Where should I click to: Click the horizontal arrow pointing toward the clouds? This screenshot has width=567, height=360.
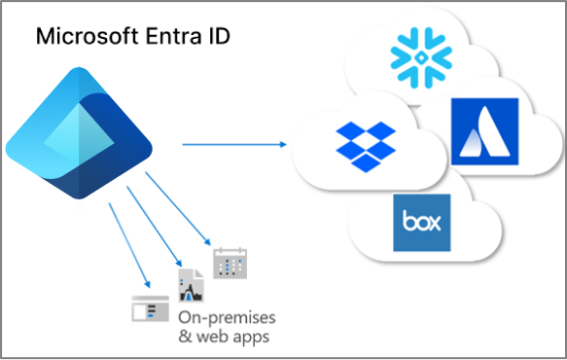pyautogui.click(x=233, y=144)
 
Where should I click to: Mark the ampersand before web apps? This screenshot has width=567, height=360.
pyautogui.click(x=187, y=337)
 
